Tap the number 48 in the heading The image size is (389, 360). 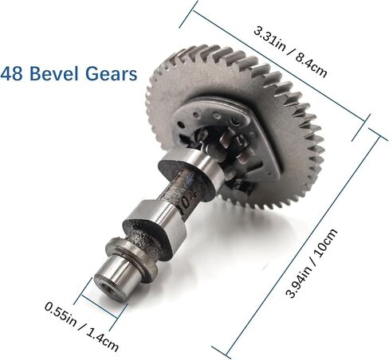pos(11,73)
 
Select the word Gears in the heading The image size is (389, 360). pos(112,73)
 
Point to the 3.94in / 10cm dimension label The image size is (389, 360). pos(312,263)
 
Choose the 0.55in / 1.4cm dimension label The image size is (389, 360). pos(82,327)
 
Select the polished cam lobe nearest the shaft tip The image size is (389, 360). pos(156,220)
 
